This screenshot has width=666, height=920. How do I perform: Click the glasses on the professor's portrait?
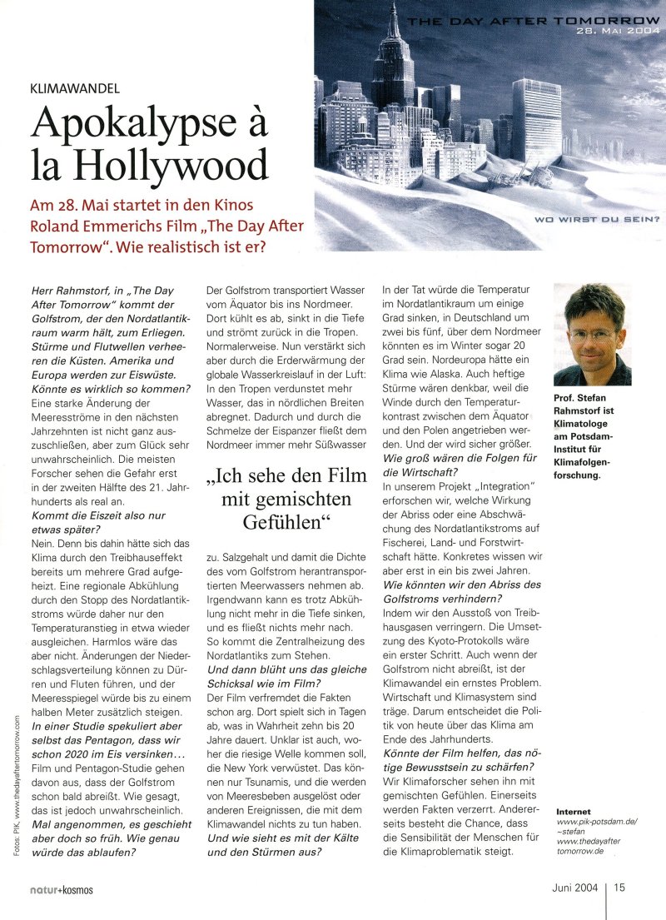593,336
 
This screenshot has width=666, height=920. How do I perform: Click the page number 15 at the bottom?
620,888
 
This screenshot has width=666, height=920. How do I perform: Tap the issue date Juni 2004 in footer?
574,888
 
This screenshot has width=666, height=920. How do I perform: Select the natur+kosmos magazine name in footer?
57,889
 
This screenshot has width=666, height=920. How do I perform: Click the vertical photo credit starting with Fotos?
16,788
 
